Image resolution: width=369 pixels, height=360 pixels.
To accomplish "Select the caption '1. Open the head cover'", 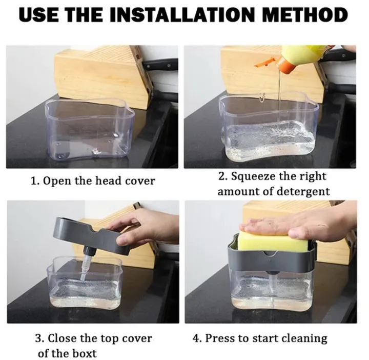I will click(x=93, y=181).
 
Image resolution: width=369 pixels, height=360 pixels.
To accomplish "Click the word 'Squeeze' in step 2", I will click(x=254, y=176).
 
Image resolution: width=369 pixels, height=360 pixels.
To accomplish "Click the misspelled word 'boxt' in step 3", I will click(x=81, y=353).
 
